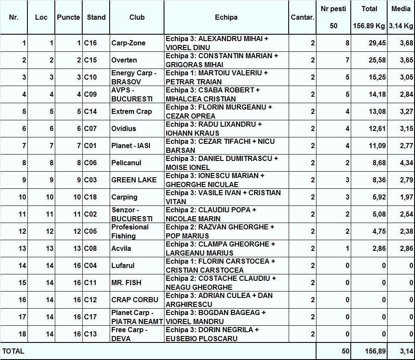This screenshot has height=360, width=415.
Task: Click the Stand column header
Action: click(96, 18)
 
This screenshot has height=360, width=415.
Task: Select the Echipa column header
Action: click(226, 18)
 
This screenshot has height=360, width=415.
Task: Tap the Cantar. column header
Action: click(302, 18)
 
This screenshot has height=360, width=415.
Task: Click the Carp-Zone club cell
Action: click(128, 43)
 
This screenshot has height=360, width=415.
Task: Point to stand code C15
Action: click(90, 60)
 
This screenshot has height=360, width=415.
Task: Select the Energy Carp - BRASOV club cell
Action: click(134, 77)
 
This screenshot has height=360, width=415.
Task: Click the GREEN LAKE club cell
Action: click(134, 180)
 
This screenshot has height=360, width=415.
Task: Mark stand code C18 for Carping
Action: click(90, 197)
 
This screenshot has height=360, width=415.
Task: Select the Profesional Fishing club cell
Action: click(130, 231)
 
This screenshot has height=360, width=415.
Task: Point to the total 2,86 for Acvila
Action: click(377, 248)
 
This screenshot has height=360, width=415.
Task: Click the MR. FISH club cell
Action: click(126, 283)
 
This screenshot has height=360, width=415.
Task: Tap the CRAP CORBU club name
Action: click(134, 300)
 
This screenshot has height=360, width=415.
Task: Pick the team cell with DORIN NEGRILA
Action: click(212, 334)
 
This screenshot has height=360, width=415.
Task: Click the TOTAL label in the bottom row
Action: click(13, 351)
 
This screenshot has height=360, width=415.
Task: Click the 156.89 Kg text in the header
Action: click(369, 26)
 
